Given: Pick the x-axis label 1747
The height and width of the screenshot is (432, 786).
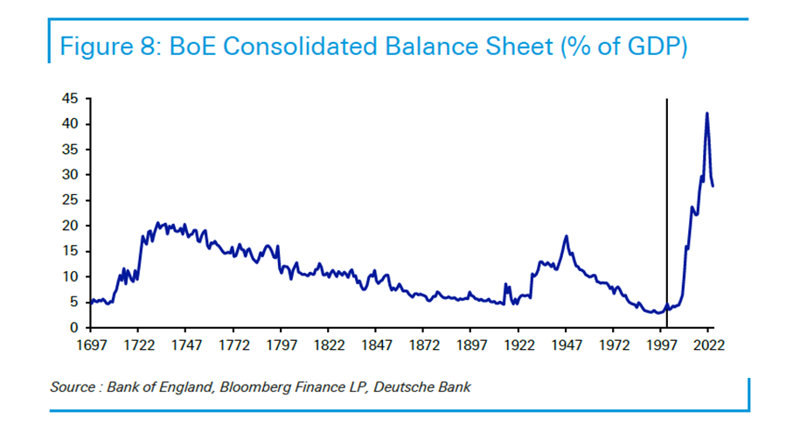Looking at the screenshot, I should pyautogui.click(x=185, y=345).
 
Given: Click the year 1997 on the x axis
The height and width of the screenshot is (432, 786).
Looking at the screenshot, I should pyautogui.click(x=661, y=345).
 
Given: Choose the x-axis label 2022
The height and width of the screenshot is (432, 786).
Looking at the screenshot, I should pyautogui.click(x=708, y=345).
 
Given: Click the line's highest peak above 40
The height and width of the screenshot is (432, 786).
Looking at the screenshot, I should pyautogui.click(x=706, y=114).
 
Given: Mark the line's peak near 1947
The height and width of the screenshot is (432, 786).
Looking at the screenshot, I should pyautogui.click(x=567, y=236).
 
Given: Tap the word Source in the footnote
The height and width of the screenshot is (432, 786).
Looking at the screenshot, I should pyautogui.click(x=73, y=387).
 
